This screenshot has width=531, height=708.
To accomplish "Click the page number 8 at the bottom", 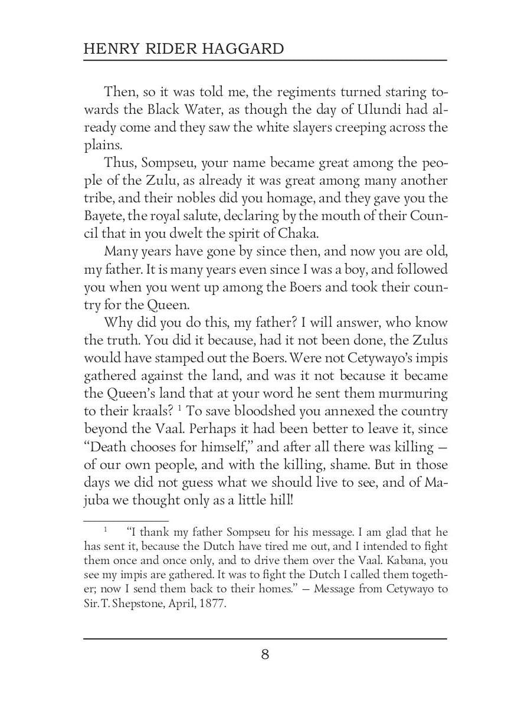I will click(x=265, y=654).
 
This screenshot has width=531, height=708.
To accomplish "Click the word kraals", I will click(x=136, y=411).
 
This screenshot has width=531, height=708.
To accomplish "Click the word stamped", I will click(x=180, y=358).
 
